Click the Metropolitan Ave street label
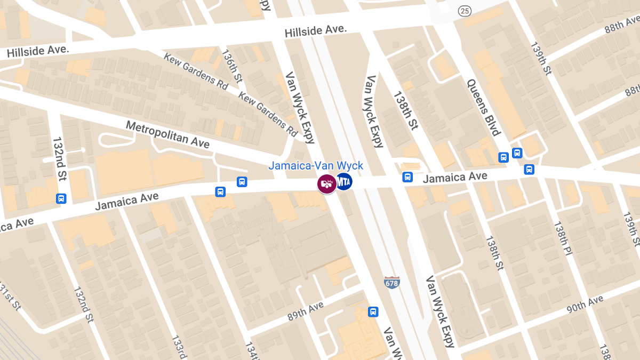click(x=167, y=134)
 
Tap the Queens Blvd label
click(x=483, y=107)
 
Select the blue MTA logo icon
click(x=343, y=182)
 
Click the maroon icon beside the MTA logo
click(x=326, y=184)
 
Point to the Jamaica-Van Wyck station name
click(x=316, y=166)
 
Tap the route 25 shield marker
click(x=465, y=10)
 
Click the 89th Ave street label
click(x=306, y=311)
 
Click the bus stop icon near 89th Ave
click(x=373, y=311)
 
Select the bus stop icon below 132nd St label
click(x=61, y=199)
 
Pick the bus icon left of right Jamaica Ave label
click(x=407, y=177)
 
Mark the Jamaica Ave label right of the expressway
click(x=455, y=177)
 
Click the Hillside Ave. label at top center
click(x=316, y=31)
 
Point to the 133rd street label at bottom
click(x=178, y=347)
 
